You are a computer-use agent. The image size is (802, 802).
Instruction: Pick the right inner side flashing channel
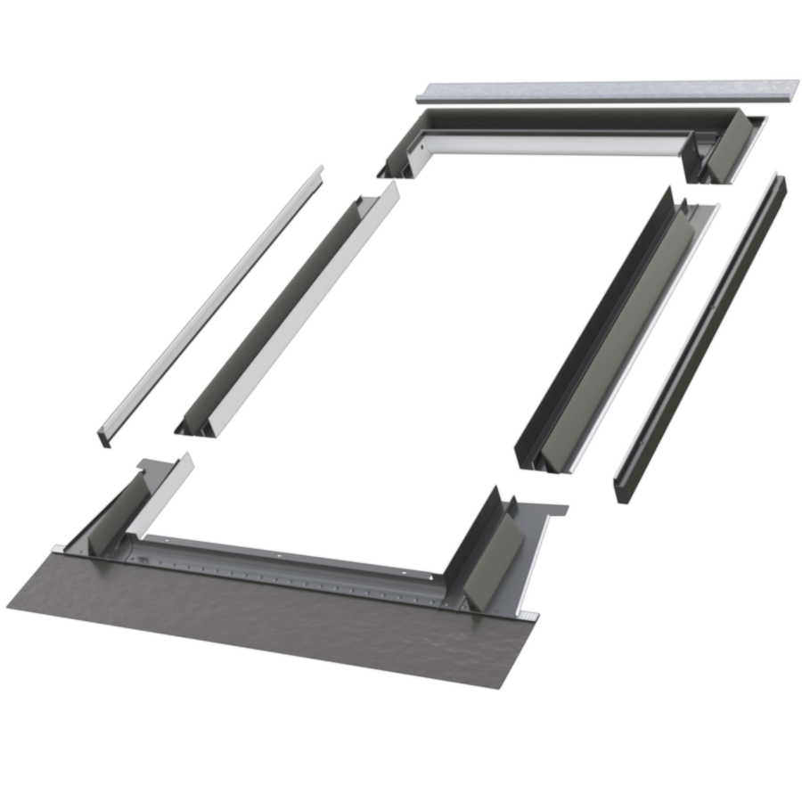tap(615, 330)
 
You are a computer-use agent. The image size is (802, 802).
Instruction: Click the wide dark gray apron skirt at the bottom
tap(267, 615)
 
